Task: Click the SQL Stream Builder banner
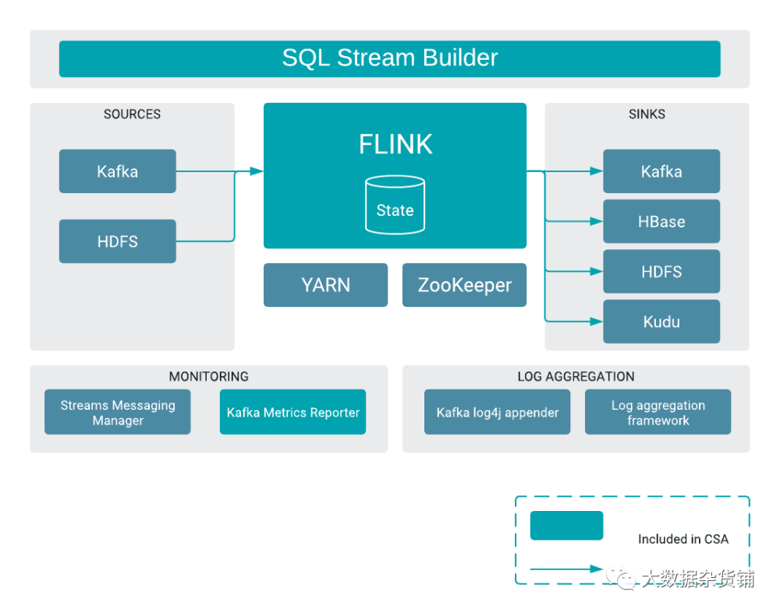(x=389, y=58)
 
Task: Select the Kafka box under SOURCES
(x=118, y=171)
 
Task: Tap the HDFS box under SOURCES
(x=118, y=241)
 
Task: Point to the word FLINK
(x=395, y=144)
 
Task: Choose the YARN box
(x=325, y=285)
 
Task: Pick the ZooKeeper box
(x=464, y=285)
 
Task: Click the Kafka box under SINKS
(x=661, y=171)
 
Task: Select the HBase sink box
(x=661, y=222)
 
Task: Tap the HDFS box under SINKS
(x=661, y=272)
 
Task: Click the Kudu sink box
(x=661, y=322)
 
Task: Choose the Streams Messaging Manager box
(x=118, y=412)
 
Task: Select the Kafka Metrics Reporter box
(x=292, y=412)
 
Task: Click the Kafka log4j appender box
(x=498, y=412)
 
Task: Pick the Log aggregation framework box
(x=658, y=412)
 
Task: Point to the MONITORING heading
(x=208, y=376)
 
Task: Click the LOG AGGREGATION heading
(x=576, y=376)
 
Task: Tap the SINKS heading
(x=647, y=114)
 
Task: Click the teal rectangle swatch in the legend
(x=566, y=526)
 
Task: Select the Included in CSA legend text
(x=682, y=539)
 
